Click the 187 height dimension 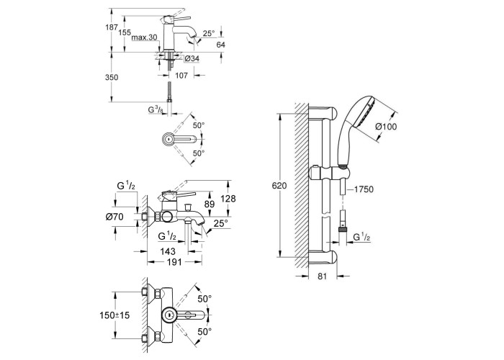click(112, 27)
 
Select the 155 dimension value click(125, 32)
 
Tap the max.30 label click(145, 37)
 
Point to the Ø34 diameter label click(192, 58)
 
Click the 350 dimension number click(112, 77)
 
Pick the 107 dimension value click(181, 76)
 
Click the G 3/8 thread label click(156, 110)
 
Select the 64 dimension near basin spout click(220, 45)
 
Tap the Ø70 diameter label click(114, 217)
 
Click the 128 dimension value click(229, 199)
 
